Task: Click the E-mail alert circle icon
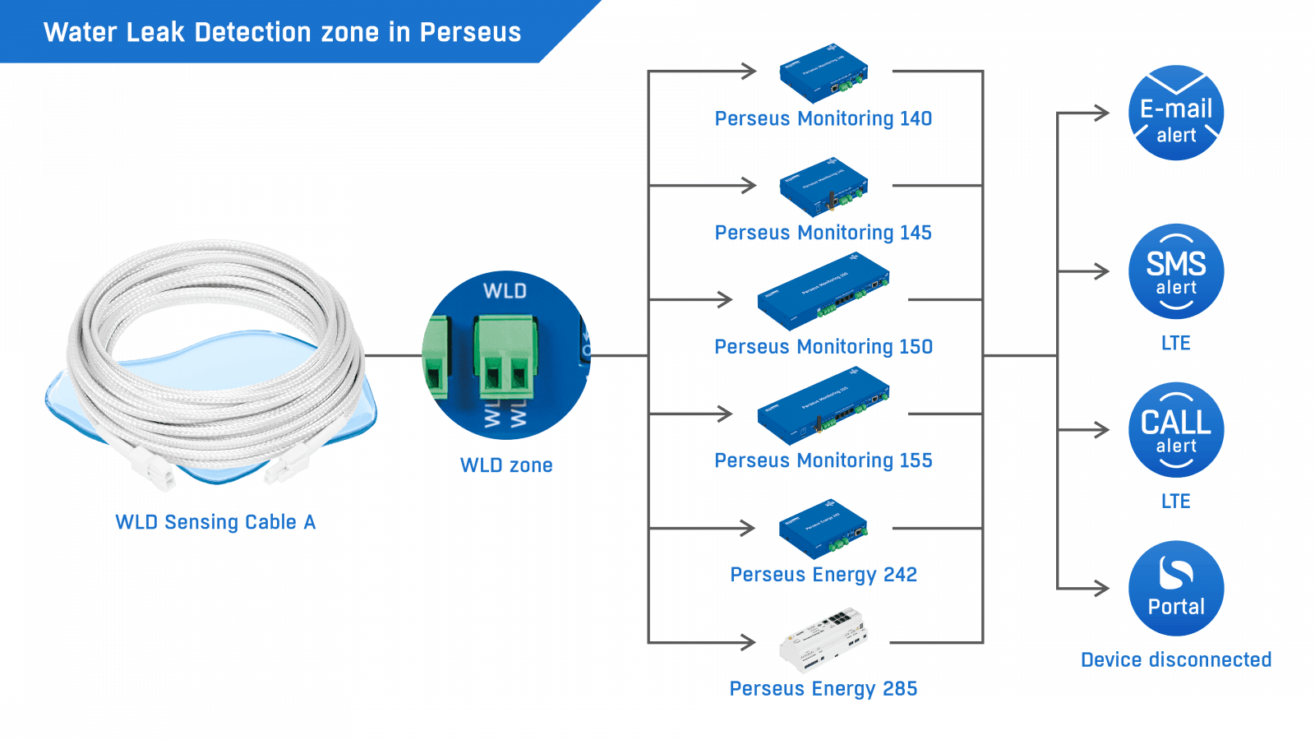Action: (1176, 113)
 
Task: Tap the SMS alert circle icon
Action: (1176, 271)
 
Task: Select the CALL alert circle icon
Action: (1176, 430)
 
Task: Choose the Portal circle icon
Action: (1176, 589)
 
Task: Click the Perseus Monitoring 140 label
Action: (824, 119)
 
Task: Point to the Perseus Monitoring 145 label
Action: (824, 233)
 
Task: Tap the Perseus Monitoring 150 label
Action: (824, 347)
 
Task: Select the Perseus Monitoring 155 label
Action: (824, 460)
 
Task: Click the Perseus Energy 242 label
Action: (824, 574)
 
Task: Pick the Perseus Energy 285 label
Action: (824, 688)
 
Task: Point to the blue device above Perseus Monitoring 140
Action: (824, 74)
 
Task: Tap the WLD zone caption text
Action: (506, 465)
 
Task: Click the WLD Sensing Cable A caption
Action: (215, 522)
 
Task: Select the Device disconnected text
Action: (1176, 660)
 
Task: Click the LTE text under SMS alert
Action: (1176, 343)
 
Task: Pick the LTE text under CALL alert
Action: (1176, 501)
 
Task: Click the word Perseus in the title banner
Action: (470, 32)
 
